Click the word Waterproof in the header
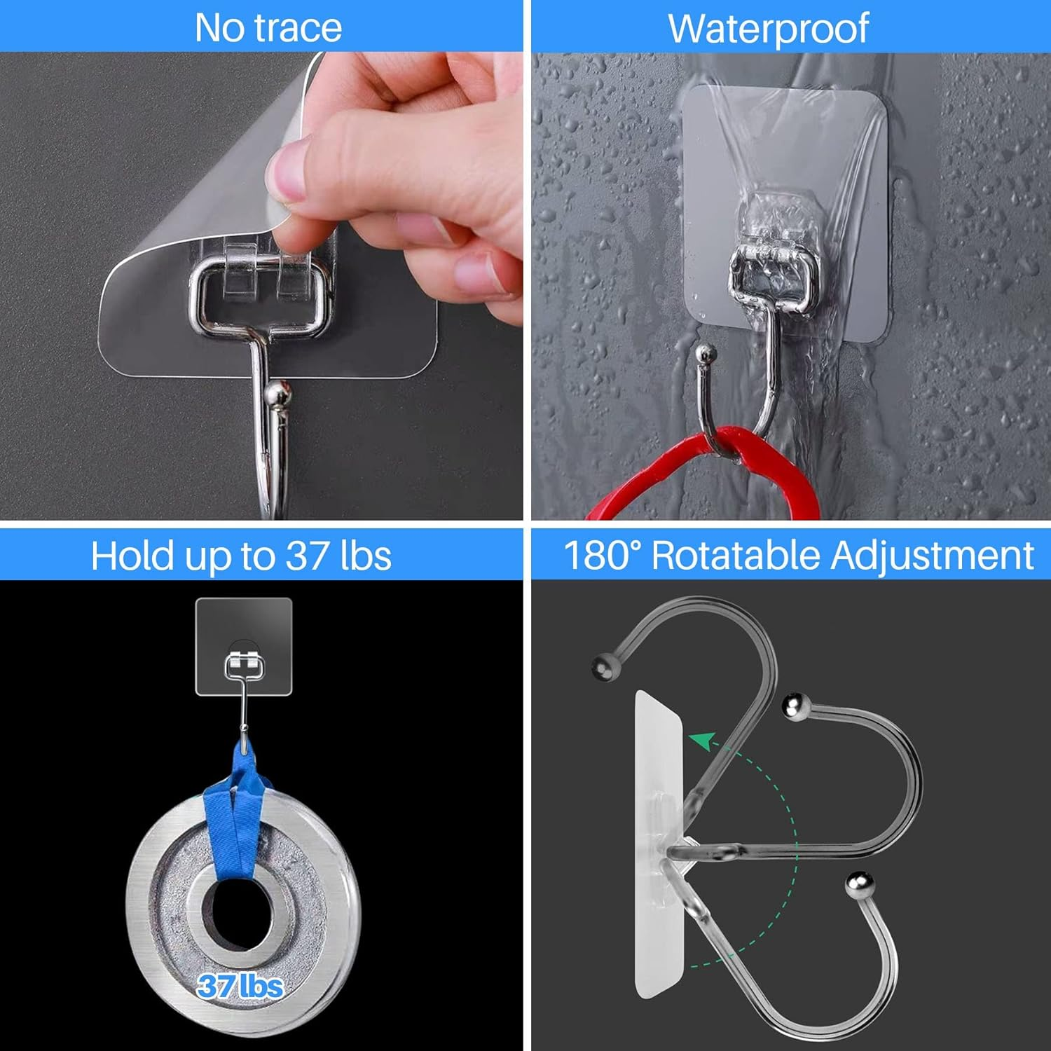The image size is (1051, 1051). (769, 29)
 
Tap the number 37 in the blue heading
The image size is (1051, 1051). (306, 556)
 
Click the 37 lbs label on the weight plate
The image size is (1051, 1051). (240, 987)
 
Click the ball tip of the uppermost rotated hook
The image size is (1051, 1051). (605, 667)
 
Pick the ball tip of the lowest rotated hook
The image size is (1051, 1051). (859, 885)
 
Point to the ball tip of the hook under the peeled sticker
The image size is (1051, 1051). (278, 395)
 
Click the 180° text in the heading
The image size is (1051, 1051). (602, 556)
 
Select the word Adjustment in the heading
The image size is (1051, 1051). (932, 556)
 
